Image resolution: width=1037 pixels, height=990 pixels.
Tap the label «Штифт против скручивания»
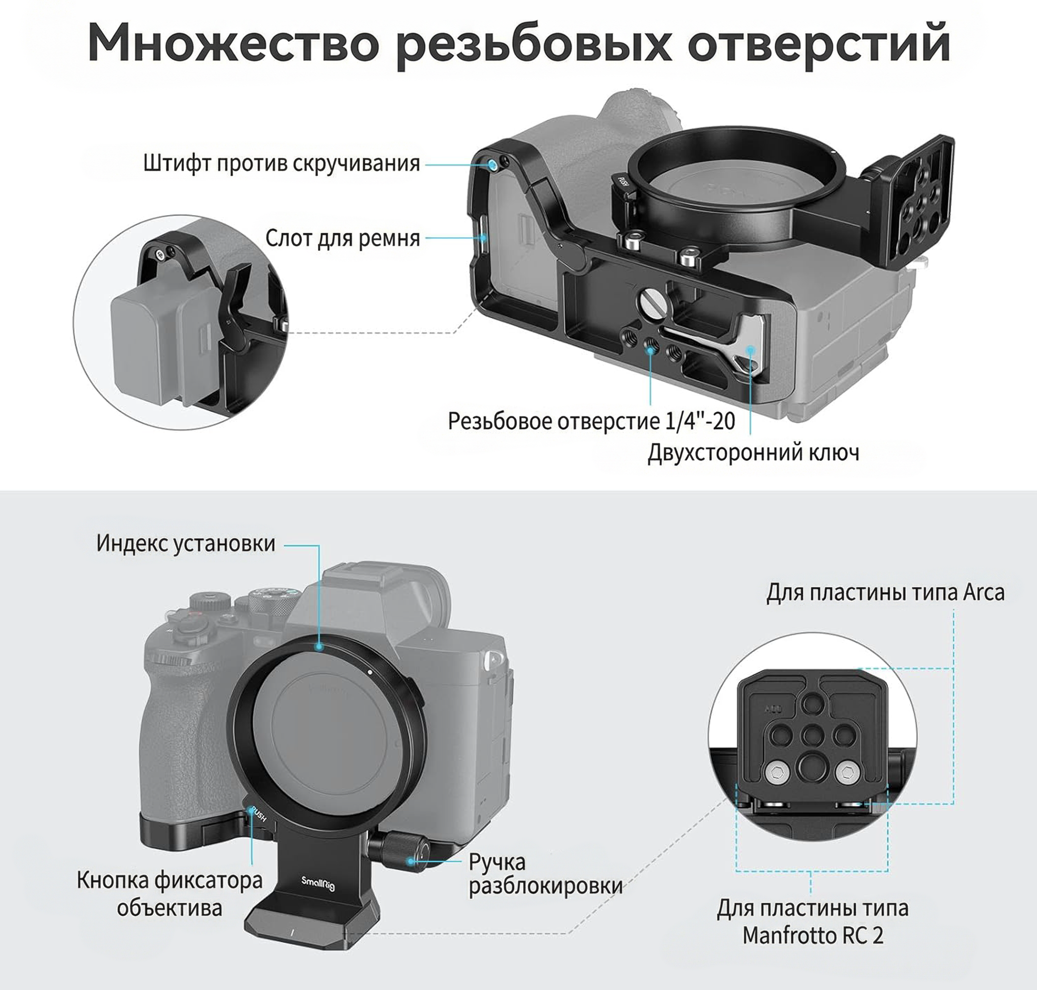coord(281,163)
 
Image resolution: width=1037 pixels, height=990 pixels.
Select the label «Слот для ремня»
coord(343,238)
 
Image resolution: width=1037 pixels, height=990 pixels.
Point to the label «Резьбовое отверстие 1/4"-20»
coord(591,421)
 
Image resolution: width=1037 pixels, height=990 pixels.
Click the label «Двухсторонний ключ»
coord(754,453)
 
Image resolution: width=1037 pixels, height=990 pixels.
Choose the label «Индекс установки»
coord(186,543)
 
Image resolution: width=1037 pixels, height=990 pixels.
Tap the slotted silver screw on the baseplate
coord(650,303)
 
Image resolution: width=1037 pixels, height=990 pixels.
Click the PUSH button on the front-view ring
coord(258,814)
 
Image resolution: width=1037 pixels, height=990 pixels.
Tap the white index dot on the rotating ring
coord(370,672)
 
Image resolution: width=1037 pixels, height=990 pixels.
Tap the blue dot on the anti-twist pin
coord(492,165)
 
